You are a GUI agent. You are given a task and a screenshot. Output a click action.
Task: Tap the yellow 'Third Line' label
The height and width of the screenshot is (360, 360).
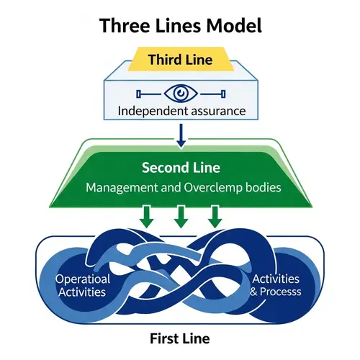179,60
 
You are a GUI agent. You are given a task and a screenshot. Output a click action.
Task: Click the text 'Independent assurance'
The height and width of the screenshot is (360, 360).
179,112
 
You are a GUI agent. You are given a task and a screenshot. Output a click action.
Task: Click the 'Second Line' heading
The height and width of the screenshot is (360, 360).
179,168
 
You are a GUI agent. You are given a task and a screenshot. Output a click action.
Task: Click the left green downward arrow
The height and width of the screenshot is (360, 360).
147,217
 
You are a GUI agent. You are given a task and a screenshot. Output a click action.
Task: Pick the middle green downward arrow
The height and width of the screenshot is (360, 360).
180,217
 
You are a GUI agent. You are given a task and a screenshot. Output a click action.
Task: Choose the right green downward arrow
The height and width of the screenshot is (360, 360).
214,217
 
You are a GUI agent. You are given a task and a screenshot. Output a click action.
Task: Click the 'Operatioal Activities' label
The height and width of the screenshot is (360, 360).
84,286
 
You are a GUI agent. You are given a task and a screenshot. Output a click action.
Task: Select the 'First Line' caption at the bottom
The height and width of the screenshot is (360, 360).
179,338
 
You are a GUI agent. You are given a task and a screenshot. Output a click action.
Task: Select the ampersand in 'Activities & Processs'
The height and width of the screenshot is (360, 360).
253,292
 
